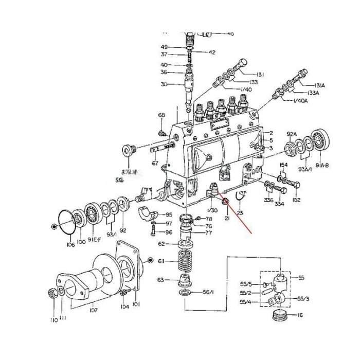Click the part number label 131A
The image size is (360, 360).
point(314,85)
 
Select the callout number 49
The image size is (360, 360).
point(164,47)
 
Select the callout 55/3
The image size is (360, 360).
point(304,298)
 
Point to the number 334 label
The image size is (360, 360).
point(279,204)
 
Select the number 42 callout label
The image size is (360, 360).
point(211,52)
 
